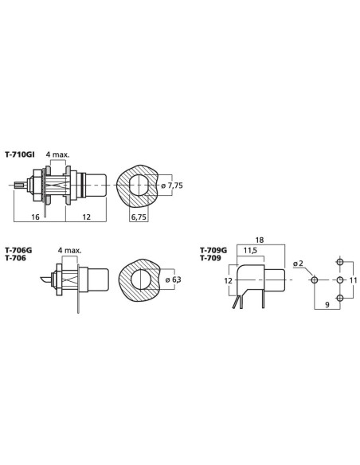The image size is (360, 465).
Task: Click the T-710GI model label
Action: (20, 154)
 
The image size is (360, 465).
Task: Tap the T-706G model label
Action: (18, 250)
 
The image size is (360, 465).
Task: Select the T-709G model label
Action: (213, 251)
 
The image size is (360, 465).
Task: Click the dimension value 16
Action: (35, 217)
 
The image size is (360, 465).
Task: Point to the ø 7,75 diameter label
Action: (172, 186)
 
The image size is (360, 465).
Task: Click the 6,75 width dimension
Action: (139, 217)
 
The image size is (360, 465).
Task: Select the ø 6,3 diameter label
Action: (173, 279)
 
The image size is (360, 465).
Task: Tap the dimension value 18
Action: (259, 240)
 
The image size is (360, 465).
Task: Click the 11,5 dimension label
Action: (250, 251)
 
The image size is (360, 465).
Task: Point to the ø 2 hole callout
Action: (298, 264)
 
